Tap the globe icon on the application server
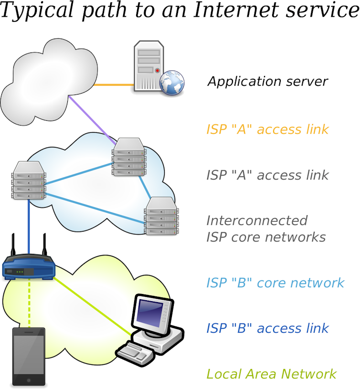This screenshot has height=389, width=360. coord(171,83)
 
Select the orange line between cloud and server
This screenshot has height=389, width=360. coord(114,85)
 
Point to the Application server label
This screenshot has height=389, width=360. coord(267,81)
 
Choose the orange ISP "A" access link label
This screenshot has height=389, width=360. coord(267,129)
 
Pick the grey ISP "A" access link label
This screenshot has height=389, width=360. coord(267,175)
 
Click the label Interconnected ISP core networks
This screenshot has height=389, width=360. coord(265,229)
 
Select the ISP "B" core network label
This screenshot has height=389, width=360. coord(275,283)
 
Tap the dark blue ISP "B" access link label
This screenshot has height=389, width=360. coord(267,328)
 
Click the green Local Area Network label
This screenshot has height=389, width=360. coord(271,374)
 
